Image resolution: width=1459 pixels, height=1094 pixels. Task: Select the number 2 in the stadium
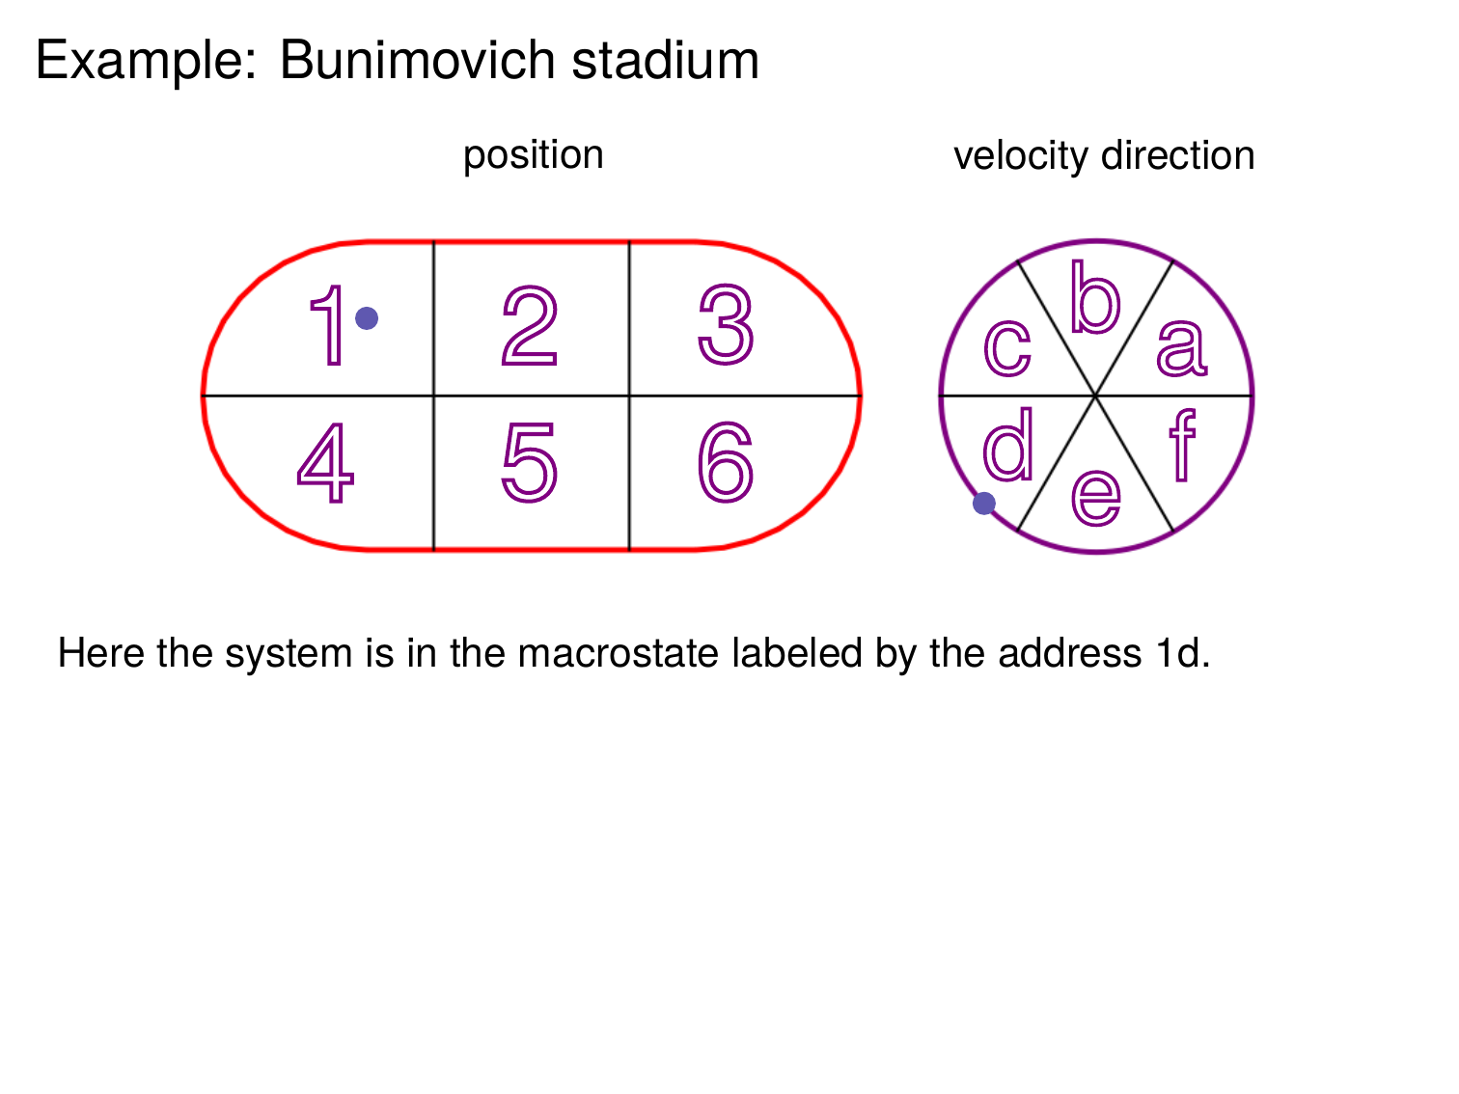click(x=530, y=326)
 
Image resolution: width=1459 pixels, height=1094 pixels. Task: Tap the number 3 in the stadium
click(x=726, y=325)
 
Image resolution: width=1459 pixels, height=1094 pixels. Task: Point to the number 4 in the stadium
click(x=325, y=463)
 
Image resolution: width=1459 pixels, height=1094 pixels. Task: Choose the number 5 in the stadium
click(x=530, y=464)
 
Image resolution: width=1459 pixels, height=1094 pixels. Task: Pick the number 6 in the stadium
click(x=726, y=463)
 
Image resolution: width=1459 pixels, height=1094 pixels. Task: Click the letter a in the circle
click(x=1182, y=347)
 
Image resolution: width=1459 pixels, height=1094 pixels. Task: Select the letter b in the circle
click(x=1095, y=298)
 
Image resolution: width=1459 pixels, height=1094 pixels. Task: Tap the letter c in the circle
click(x=1007, y=347)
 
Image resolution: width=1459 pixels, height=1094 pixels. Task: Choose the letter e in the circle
click(x=1096, y=497)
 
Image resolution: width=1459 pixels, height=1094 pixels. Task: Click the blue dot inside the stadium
click(x=367, y=318)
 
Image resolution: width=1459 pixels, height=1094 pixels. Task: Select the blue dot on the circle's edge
click(x=984, y=503)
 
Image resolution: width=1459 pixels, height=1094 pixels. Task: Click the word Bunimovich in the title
click(x=417, y=61)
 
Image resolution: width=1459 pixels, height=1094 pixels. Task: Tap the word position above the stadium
click(x=533, y=155)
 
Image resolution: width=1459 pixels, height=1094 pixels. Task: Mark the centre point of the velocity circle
click(x=1096, y=396)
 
